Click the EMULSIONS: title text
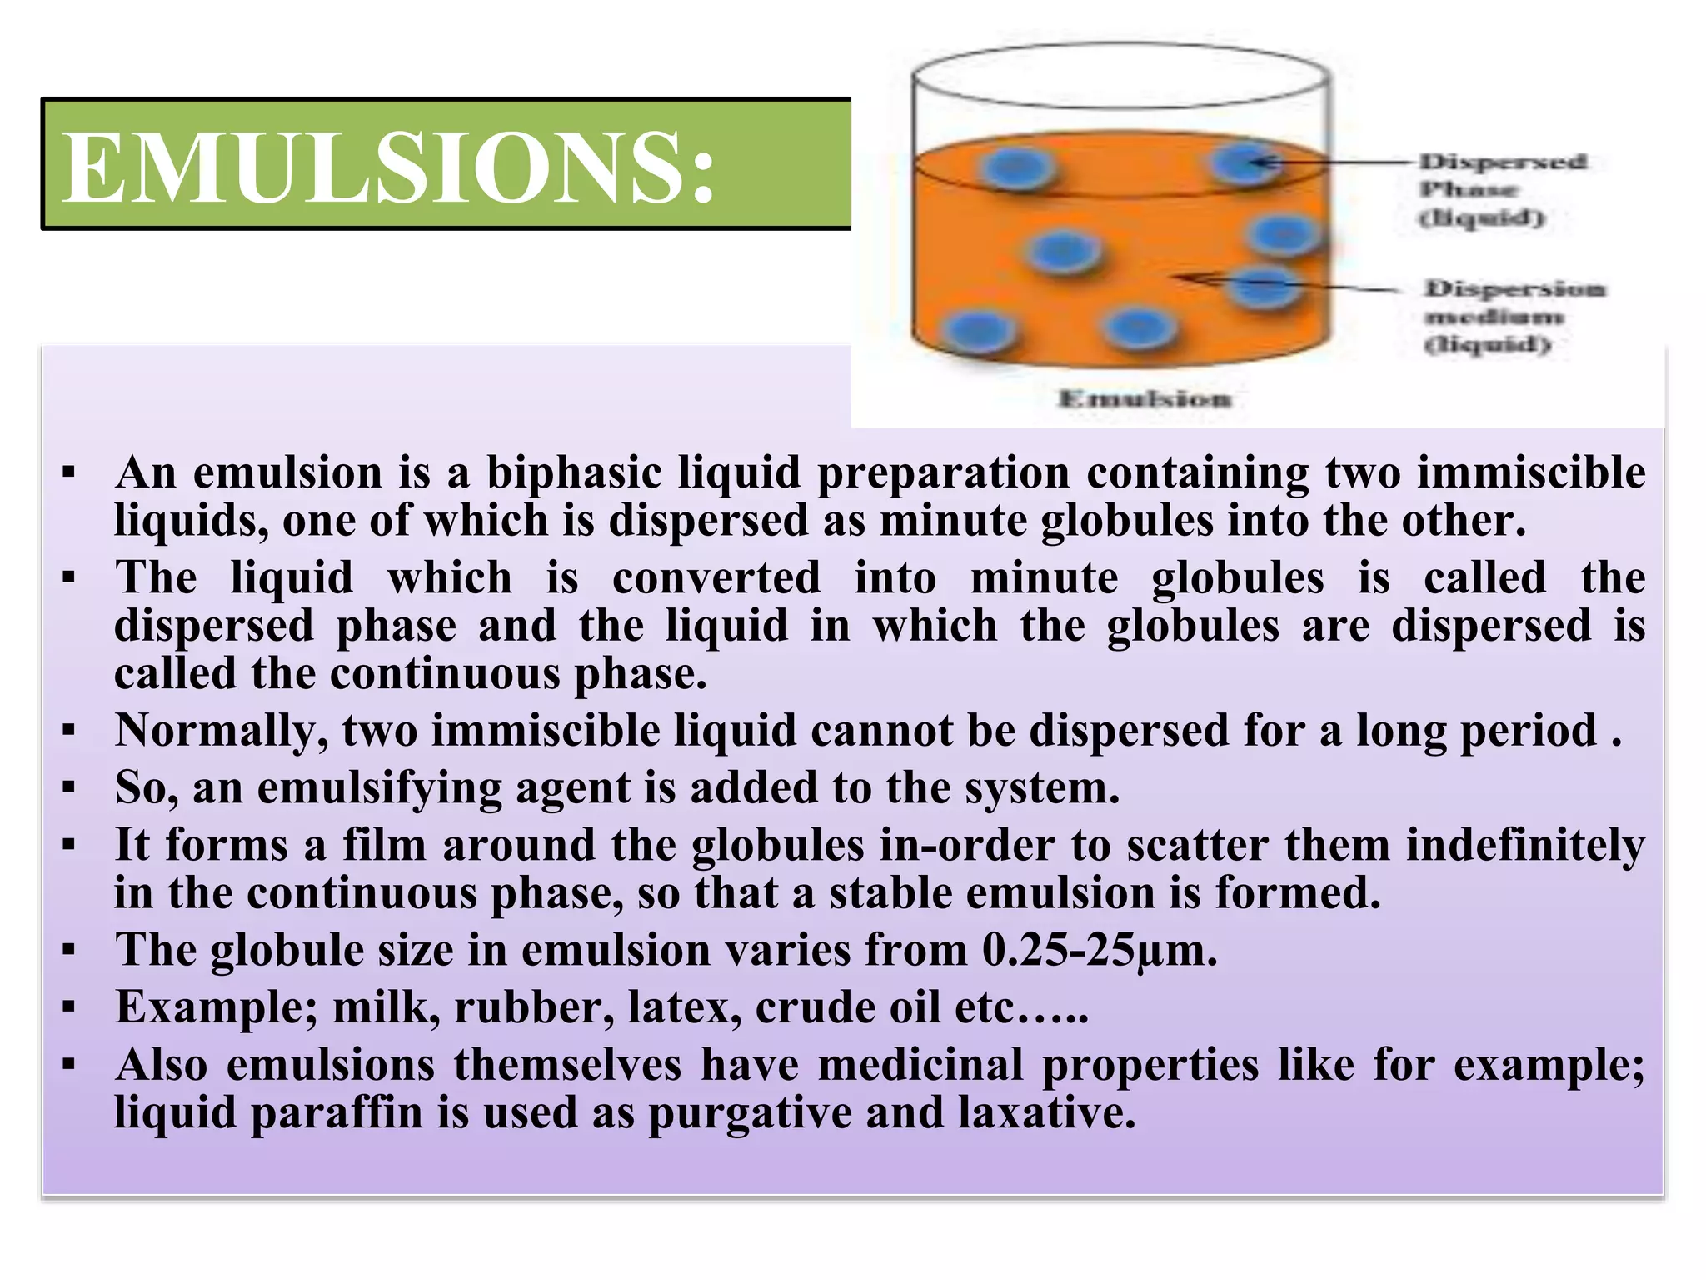[388, 167]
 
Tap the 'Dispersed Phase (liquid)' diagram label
[1501, 189]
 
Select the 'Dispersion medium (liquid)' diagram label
[1513, 317]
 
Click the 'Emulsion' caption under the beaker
[1145, 399]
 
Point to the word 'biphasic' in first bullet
[574, 472]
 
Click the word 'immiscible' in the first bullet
[1531, 472]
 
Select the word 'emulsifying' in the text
[379, 788]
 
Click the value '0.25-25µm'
[1100, 950]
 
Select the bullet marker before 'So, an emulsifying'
[69, 787]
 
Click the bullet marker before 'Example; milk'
[69, 1007]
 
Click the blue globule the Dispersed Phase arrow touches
[1244, 162]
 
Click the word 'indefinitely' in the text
[1525, 845]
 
